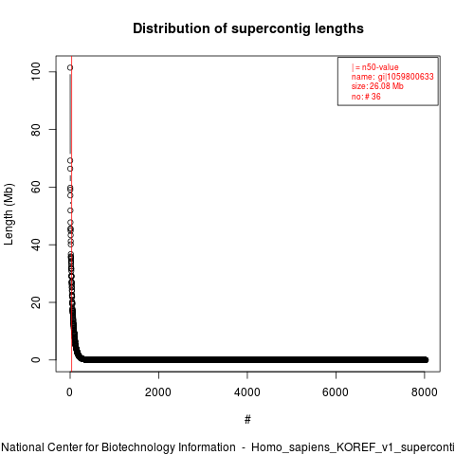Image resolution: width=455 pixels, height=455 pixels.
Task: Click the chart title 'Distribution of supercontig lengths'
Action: [x=248, y=28]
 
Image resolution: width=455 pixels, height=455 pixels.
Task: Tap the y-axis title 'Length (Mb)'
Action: [x=9, y=214]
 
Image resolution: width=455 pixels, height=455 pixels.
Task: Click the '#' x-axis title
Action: [x=247, y=420]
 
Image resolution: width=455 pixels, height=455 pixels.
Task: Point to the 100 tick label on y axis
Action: [x=36, y=71]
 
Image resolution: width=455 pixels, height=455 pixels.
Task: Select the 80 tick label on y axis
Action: [x=36, y=130]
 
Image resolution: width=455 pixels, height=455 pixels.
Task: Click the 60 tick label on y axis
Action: [x=36, y=187]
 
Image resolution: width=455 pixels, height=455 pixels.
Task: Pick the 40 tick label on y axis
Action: [x=36, y=245]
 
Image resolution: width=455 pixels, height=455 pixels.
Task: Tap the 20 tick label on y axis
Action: [x=36, y=302]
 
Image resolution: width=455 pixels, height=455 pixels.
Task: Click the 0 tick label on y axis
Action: [x=36, y=360]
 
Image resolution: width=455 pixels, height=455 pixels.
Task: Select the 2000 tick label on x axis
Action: [x=158, y=392]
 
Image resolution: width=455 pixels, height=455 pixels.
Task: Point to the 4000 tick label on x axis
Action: [x=247, y=392]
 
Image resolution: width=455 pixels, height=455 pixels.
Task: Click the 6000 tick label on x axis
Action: [x=336, y=392]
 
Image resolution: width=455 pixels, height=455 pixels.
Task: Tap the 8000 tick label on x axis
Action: [x=425, y=392]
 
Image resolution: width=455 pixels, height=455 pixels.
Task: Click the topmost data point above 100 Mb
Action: [x=70, y=67]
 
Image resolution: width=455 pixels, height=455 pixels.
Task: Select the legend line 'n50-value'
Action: [x=375, y=67]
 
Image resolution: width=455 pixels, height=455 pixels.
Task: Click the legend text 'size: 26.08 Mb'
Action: [x=377, y=86]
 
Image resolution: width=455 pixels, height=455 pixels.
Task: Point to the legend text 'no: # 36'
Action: [x=366, y=97]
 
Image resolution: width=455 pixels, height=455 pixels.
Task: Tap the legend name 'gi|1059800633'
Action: [x=406, y=77]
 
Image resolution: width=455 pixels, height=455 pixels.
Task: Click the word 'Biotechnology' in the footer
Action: [x=168, y=447]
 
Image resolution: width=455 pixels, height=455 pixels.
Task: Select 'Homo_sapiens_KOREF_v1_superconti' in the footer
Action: [x=353, y=447]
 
